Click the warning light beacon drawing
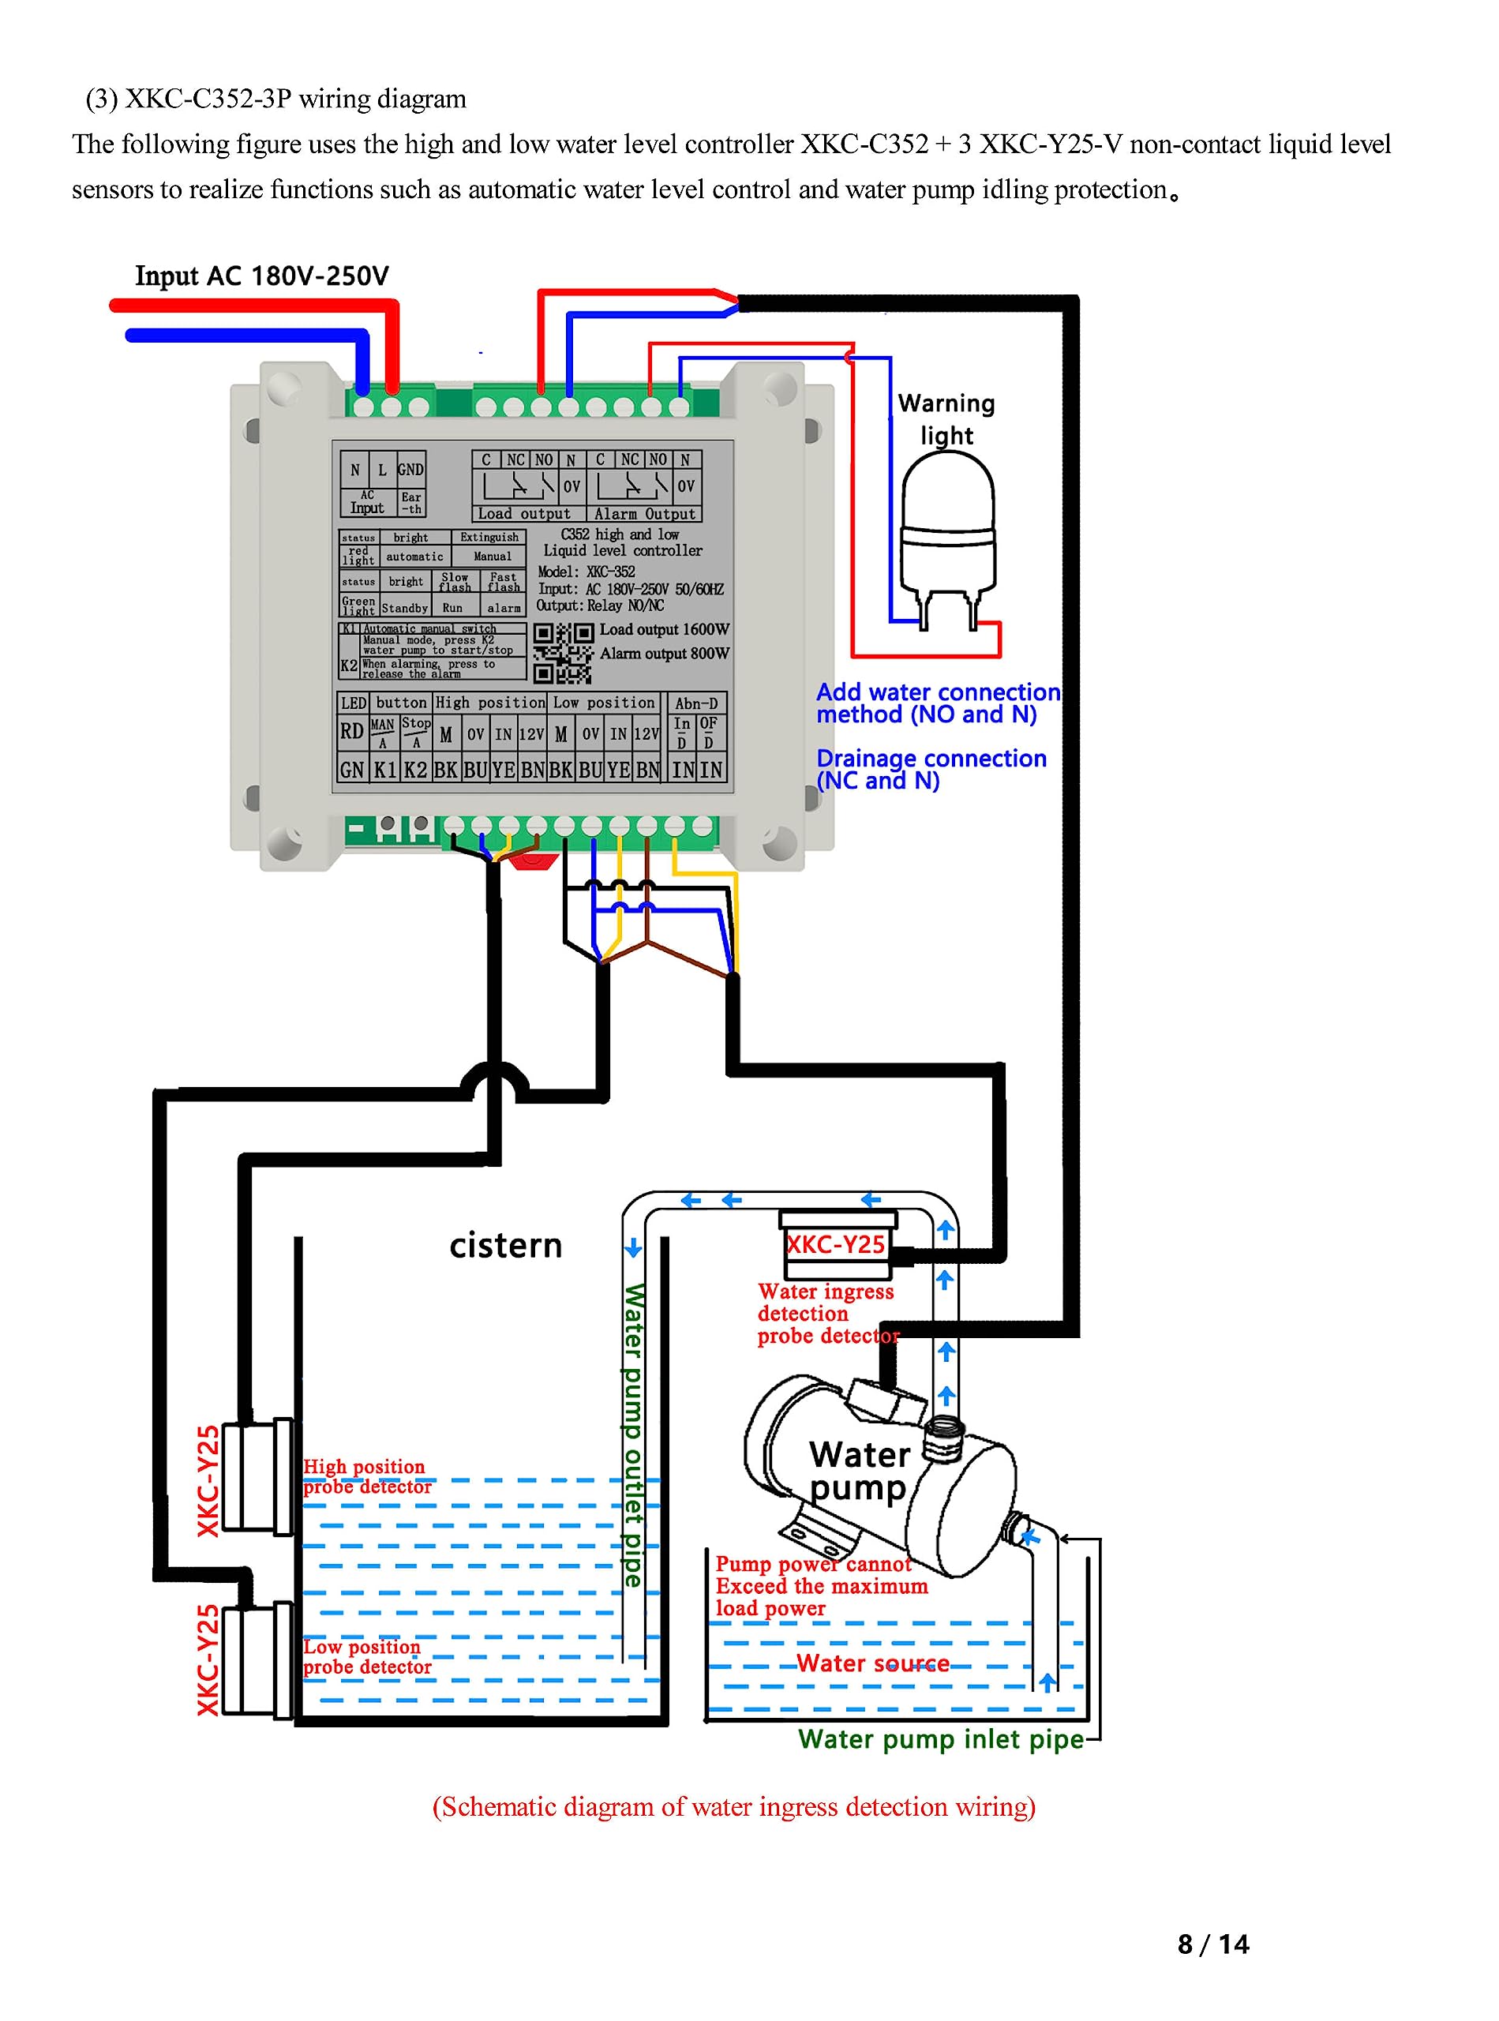946,535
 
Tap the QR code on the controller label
563,653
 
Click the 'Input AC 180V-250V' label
262,276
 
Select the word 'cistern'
505,1246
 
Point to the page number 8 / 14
1212,1944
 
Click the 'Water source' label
873,1663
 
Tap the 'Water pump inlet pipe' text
941,1738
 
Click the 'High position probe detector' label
366,1476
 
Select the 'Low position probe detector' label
366,1657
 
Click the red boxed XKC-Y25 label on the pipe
836,1244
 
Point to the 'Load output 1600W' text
664,630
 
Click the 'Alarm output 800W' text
664,654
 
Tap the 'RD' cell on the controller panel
351,732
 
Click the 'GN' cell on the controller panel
352,771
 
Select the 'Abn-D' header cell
696,703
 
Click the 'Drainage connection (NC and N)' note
931,770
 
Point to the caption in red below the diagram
734,1807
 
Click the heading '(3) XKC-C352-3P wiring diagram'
275,98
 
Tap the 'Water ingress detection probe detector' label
826,1314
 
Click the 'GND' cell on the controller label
410,469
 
